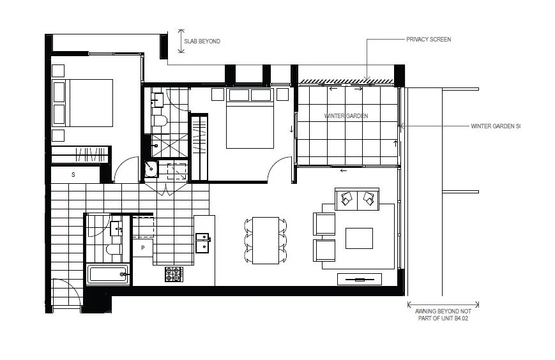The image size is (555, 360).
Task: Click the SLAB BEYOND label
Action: click(x=202, y=41)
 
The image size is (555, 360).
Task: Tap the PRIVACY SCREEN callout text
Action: click(x=428, y=40)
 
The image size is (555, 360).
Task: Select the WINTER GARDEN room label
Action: click(x=346, y=116)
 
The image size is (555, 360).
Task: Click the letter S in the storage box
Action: click(x=73, y=174)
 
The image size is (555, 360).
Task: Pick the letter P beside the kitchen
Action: click(x=142, y=247)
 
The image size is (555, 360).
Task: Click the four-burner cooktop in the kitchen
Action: click(x=174, y=274)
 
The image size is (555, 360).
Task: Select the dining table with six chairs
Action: click(x=266, y=240)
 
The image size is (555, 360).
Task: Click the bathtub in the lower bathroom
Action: click(x=109, y=276)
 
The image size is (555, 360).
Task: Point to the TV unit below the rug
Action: click(x=359, y=279)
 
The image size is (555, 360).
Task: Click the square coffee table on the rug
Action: click(x=359, y=238)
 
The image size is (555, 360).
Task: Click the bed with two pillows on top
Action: click(x=249, y=117)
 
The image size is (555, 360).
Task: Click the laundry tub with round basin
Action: click(x=152, y=169)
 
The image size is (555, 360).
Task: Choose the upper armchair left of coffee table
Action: click(x=324, y=223)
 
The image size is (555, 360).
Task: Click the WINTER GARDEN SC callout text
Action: click(x=496, y=126)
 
